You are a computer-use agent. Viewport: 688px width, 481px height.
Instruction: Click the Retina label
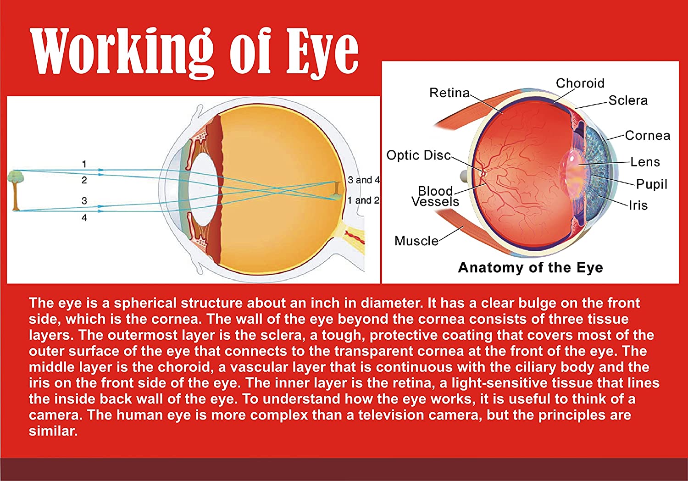pyautogui.click(x=449, y=93)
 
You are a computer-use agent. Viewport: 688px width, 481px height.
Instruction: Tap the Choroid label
pyautogui.click(x=580, y=83)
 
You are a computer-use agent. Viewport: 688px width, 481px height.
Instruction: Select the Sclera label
pyautogui.click(x=628, y=100)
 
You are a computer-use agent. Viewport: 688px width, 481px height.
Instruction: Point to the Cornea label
pyautogui.click(x=648, y=135)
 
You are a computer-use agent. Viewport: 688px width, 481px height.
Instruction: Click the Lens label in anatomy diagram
pyautogui.click(x=645, y=162)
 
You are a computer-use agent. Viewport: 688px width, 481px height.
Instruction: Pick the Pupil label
pyautogui.click(x=652, y=184)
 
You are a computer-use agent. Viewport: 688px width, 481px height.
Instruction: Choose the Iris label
pyautogui.click(x=638, y=205)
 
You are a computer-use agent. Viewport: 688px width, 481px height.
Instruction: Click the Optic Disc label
pyautogui.click(x=418, y=155)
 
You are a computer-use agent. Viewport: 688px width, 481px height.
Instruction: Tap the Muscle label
pyautogui.click(x=416, y=241)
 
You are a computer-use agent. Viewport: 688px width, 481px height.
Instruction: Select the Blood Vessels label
pyautogui.click(x=435, y=196)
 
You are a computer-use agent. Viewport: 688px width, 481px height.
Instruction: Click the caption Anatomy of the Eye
pyautogui.click(x=530, y=267)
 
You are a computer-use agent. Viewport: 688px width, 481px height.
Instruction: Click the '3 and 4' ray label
pyautogui.click(x=364, y=180)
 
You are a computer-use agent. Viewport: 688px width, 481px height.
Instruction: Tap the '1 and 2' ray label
pyautogui.click(x=364, y=200)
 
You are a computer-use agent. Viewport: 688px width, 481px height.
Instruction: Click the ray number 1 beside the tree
pyautogui.click(x=84, y=164)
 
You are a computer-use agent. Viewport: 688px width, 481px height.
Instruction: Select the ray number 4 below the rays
pyautogui.click(x=84, y=218)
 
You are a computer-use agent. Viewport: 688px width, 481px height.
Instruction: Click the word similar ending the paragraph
pyautogui.click(x=54, y=431)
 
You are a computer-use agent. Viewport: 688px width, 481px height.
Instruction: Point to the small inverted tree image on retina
pyautogui.click(x=337, y=191)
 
